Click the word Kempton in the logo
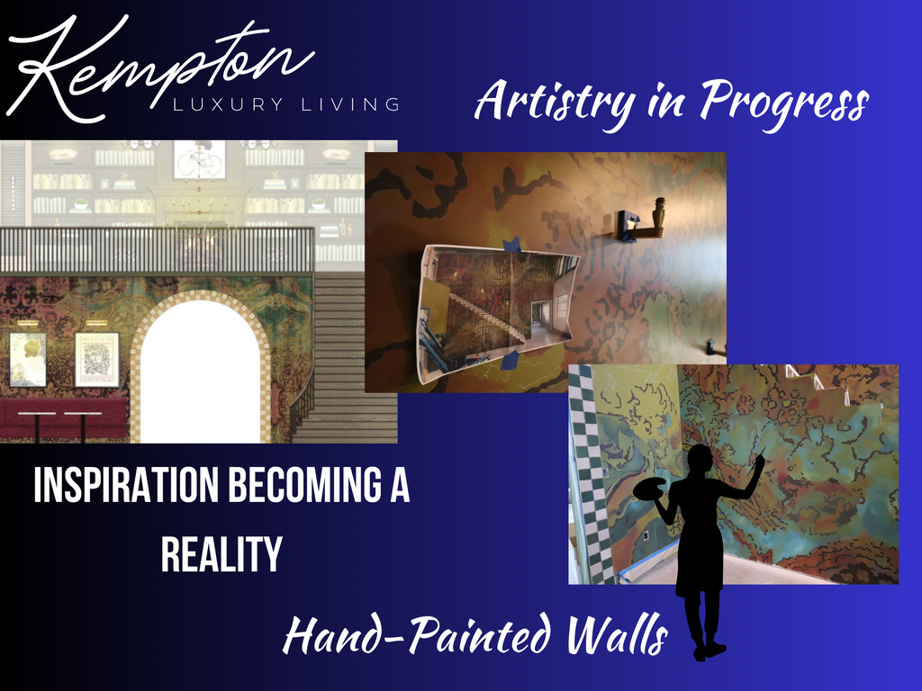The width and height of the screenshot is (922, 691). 158,67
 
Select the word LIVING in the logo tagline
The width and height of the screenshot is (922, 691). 351,104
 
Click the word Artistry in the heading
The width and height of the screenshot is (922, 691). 555,100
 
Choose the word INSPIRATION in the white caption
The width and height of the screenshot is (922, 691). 126,485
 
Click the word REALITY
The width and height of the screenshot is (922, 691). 221,553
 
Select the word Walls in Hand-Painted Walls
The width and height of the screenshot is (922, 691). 618,634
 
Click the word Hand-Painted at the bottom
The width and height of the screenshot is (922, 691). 419,634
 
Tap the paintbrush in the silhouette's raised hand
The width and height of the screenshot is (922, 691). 760,454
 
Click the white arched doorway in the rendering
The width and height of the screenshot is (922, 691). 201,373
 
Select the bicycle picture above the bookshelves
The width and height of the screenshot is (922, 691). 200,159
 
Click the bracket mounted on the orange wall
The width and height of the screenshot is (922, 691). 640,221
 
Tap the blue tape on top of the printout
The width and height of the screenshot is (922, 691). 511,244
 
